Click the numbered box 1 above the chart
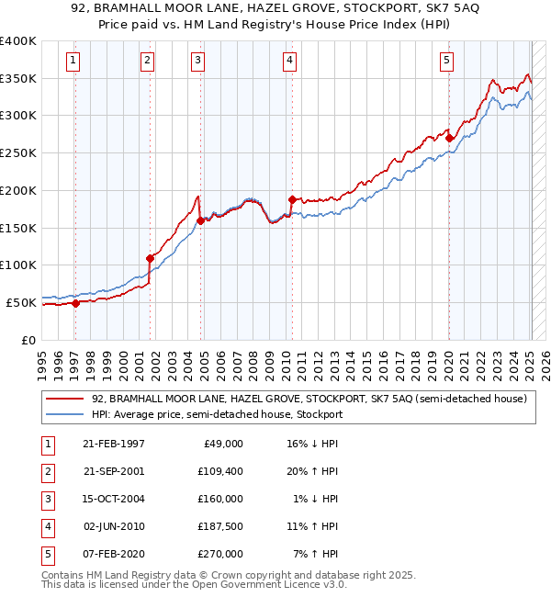tap(73, 62)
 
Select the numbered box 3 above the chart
tap(197, 62)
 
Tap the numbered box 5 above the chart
tap(446, 62)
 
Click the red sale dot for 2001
tap(150, 258)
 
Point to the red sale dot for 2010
tap(291, 199)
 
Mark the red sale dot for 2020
tap(449, 138)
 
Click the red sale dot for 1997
tap(76, 303)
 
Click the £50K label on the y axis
tap(22, 302)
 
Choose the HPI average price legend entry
tap(217, 414)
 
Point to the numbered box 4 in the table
tap(46, 526)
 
